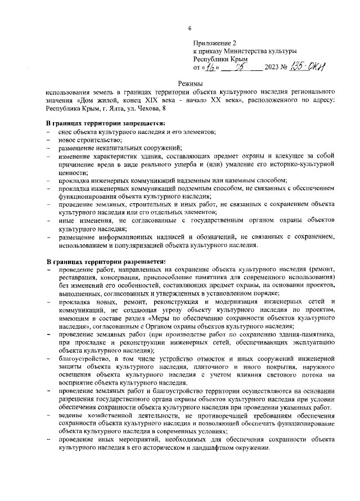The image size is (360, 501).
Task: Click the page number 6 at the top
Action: click(190, 29)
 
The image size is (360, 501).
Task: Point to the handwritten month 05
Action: click(242, 66)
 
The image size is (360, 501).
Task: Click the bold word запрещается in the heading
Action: click(140, 123)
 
